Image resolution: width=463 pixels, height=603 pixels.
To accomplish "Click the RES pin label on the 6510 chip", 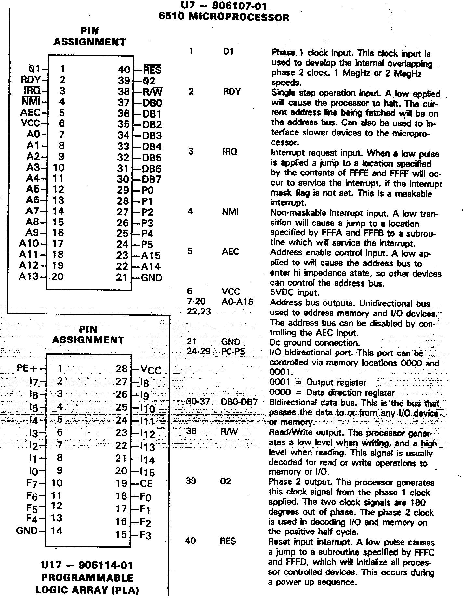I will point(152,70).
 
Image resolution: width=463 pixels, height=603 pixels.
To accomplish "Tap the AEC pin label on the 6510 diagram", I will point(30,112).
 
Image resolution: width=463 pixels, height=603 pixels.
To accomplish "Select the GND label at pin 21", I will point(152,277).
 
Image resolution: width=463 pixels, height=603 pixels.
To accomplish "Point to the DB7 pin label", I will point(152,179).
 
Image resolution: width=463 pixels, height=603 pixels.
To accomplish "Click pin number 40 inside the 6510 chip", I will point(124,70).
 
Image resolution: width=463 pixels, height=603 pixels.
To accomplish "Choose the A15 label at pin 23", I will point(151,255).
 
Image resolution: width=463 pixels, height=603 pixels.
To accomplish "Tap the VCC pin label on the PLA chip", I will point(151,370).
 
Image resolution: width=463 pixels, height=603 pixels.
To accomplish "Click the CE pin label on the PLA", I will point(146,483).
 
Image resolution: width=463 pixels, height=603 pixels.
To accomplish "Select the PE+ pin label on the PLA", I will point(27,368).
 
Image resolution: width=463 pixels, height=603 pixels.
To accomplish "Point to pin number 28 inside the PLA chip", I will point(122,368).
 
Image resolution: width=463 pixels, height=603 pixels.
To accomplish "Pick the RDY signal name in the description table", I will point(232,92).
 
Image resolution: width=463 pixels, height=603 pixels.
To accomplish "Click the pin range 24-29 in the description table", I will point(199,352).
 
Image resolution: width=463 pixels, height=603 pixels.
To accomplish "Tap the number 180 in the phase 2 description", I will point(417,502).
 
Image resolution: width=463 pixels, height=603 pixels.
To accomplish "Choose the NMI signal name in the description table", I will point(230,212).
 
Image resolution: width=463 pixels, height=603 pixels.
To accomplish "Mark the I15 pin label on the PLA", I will point(148,472).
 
